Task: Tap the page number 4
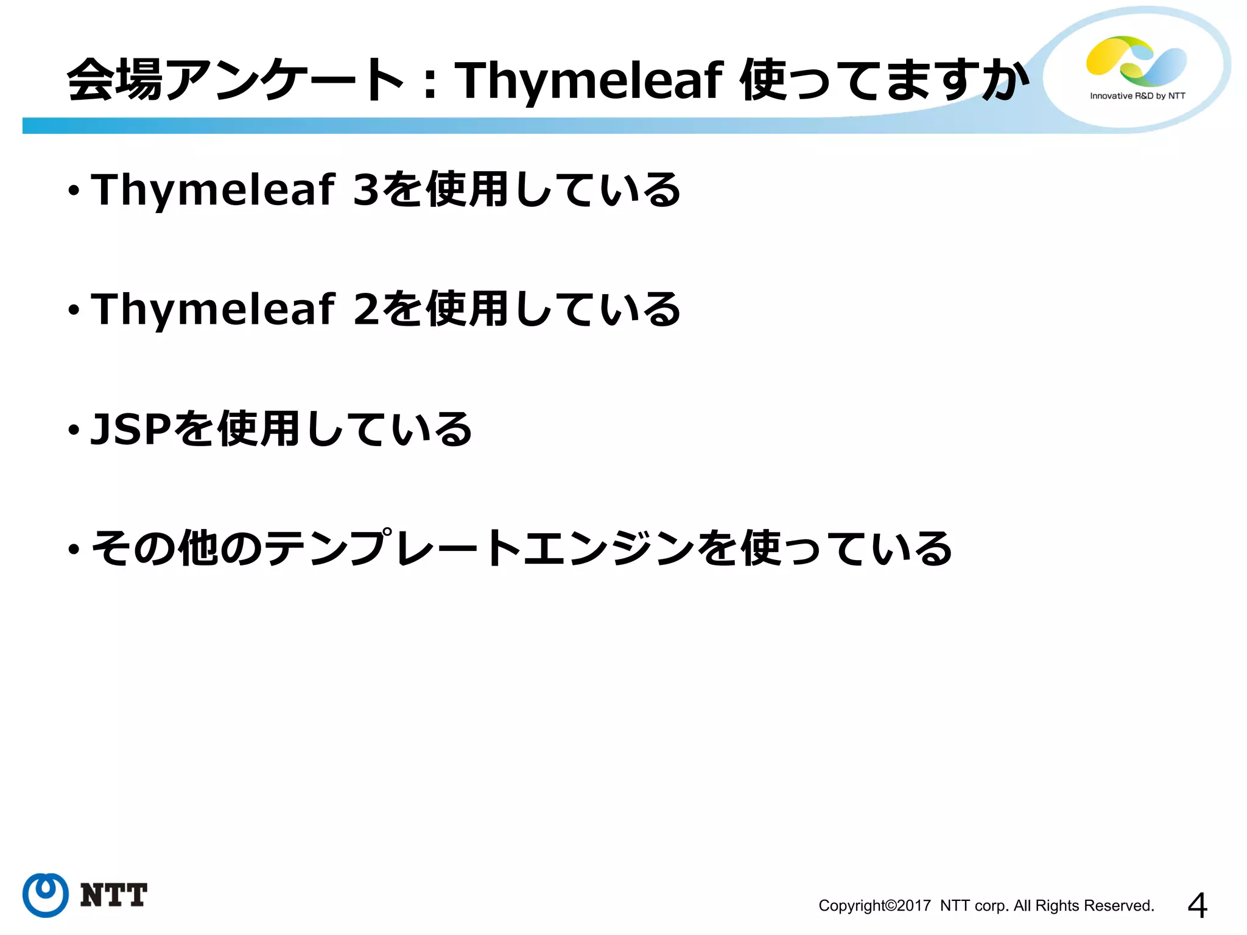click(x=1197, y=906)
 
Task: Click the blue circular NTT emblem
click(x=46, y=895)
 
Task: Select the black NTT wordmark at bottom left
click(x=114, y=895)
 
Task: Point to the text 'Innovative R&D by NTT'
click(x=1137, y=96)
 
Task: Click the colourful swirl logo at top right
click(x=1136, y=61)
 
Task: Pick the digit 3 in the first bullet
click(x=366, y=189)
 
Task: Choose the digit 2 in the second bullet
click(x=366, y=309)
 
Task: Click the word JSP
click(x=131, y=429)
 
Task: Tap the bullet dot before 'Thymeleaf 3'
click(x=74, y=192)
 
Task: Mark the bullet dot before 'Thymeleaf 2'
click(x=74, y=311)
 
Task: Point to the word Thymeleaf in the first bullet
click(x=213, y=189)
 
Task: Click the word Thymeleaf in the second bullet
click(x=213, y=309)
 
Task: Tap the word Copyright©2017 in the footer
click(x=874, y=906)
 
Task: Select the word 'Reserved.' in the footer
click(x=1125, y=906)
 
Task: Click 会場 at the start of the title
click(x=114, y=80)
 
